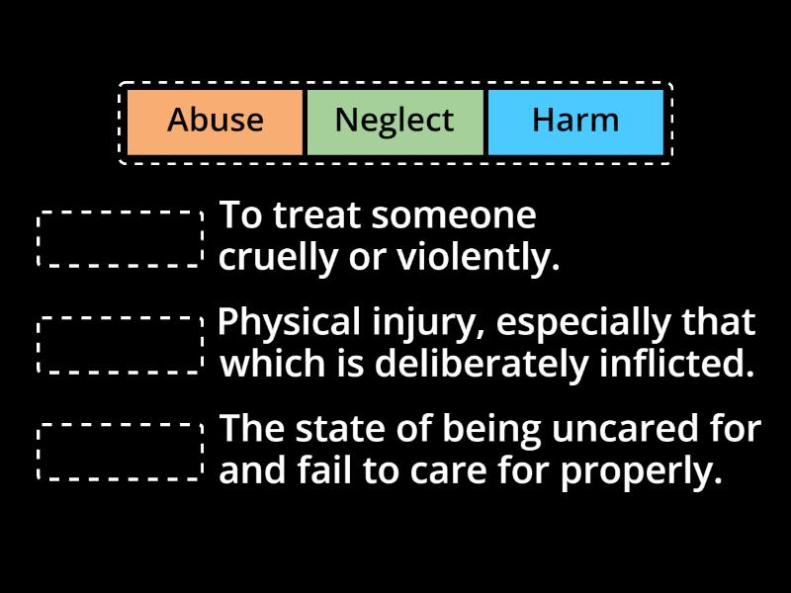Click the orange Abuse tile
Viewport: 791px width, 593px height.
(x=216, y=122)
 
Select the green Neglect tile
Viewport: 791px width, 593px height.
(x=395, y=122)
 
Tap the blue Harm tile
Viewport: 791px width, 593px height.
(x=574, y=122)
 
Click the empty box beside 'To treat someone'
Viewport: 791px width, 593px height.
(x=120, y=237)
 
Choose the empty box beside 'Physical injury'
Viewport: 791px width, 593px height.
(x=120, y=344)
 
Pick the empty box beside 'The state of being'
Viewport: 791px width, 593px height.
(x=120, y=452)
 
